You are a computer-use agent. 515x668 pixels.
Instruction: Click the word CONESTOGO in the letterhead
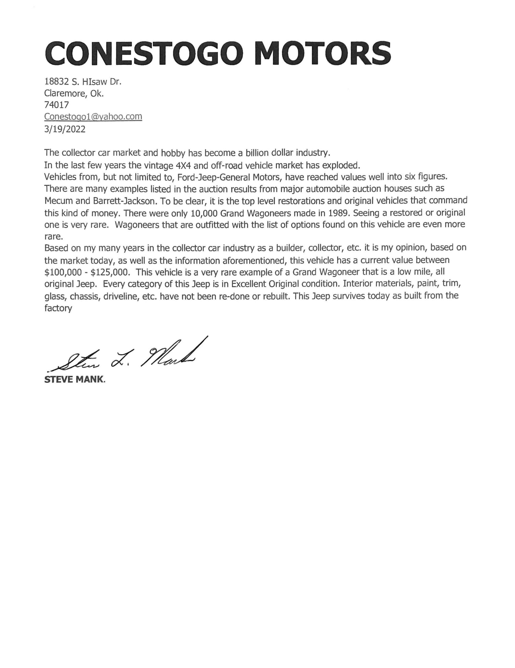click(x=144, y=53)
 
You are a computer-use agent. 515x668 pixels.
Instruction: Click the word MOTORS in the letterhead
click(x=323, y=53)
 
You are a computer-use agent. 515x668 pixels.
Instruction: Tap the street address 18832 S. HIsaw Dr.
click(x=83, y=82)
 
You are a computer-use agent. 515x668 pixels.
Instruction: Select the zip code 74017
click(x=57, y=105)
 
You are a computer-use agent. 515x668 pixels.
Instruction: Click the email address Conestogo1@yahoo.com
click(x=93, y=117)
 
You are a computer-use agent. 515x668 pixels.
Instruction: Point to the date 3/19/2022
click(x=65, y=129)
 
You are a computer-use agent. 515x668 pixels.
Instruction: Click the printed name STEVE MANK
click(x=74, y=380)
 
